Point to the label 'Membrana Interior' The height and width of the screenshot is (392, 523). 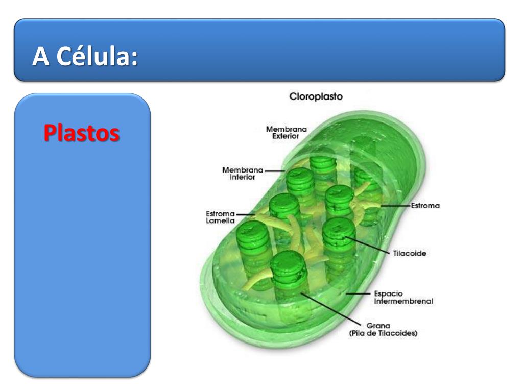point(242,174)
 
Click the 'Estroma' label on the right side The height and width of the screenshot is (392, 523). point(426,206)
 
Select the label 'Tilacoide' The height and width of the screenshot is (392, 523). point(410,253)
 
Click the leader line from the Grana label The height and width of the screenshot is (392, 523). point(329,306)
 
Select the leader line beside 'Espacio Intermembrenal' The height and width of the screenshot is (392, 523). point(358,294)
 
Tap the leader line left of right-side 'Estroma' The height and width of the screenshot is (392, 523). point(396,206)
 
